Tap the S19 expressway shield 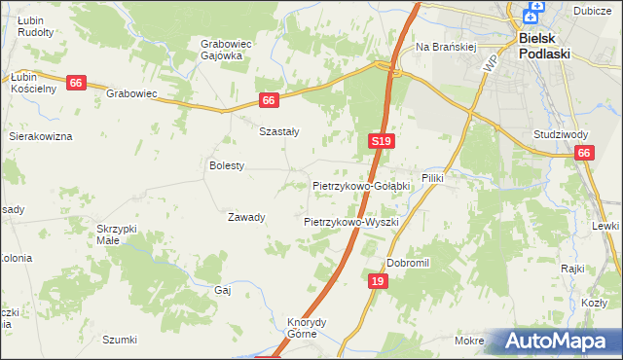(x=381, y=142)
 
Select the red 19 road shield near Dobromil (x=380, y=281)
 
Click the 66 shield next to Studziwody (x=584, y=153)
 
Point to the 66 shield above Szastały (x=271, y=100)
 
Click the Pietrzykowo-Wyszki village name (x=351, y=222)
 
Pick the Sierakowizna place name (x=41, y=137)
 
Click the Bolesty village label (x=227, y=166)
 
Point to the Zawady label (x=246, y=217)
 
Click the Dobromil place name (x=408, y=263)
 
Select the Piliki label (x=432, y=192)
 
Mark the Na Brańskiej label (x=445, y=47)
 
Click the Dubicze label (x=592, y=11)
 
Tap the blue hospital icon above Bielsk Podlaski (x=532, y=14)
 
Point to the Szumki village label (x=120, y=340)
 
